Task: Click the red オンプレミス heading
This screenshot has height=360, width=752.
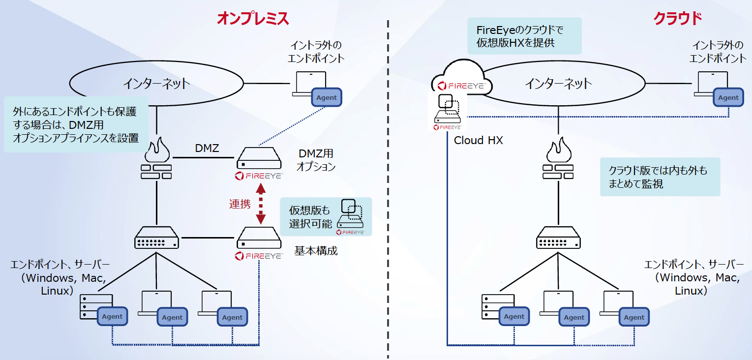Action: tap(253, 19)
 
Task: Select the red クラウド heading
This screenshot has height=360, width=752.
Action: tap(677, 19)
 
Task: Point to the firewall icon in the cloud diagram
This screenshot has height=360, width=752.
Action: tap(558, 160)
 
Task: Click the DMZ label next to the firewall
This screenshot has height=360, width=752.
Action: tap(207, 148)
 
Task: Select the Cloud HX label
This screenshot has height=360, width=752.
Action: tap(478, 141)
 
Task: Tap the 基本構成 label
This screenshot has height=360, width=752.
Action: tap(316, 250)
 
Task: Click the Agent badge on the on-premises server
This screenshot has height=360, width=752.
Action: tap(112, 316)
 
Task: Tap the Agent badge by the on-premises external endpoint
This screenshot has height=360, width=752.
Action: tap(327, 97)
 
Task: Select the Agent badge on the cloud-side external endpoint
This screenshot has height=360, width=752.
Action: tap(728, 97)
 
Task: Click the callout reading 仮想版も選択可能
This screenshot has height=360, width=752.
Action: tap(326, 217)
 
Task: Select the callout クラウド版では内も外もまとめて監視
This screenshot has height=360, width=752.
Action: tap(660, 177)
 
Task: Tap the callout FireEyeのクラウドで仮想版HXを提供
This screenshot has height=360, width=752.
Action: tap(524, 36)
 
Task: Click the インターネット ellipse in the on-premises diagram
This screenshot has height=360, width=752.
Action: tap(156, 83)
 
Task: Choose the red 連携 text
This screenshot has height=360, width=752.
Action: tap(240, 204)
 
